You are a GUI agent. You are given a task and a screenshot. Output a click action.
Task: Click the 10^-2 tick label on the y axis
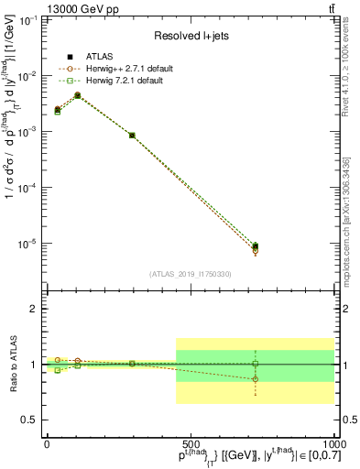[27, 76]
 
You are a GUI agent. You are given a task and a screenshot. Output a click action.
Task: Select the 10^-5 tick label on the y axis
[27, 244]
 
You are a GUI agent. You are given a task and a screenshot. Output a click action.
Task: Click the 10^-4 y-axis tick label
[27, 188]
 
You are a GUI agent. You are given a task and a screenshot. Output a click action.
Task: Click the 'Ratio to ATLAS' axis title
[12, 365]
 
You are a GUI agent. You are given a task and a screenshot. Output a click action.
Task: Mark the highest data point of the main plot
[78, 95]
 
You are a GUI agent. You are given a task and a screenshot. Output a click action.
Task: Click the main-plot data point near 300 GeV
[133, 136]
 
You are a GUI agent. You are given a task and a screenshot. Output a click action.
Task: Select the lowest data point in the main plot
[256, 247]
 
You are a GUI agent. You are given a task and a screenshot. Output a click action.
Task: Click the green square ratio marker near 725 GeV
[256, 364]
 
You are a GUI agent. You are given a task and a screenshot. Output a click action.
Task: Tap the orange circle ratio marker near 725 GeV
[256, 378]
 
